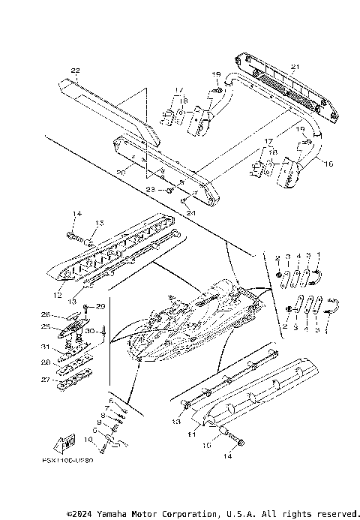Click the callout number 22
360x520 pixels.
[x=75, y=71]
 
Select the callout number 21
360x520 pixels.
[x=294, y=68]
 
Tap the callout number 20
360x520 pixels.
[x=121, y=172]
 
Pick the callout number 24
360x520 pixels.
[x=190, y=212]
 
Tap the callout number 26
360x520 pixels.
[x=44, y=314]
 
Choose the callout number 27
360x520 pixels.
[x=45, y=380]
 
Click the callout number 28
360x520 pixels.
[x=45, y=362]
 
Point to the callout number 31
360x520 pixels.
[x=44, y=346]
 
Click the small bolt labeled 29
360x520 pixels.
[x=87, y=308]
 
